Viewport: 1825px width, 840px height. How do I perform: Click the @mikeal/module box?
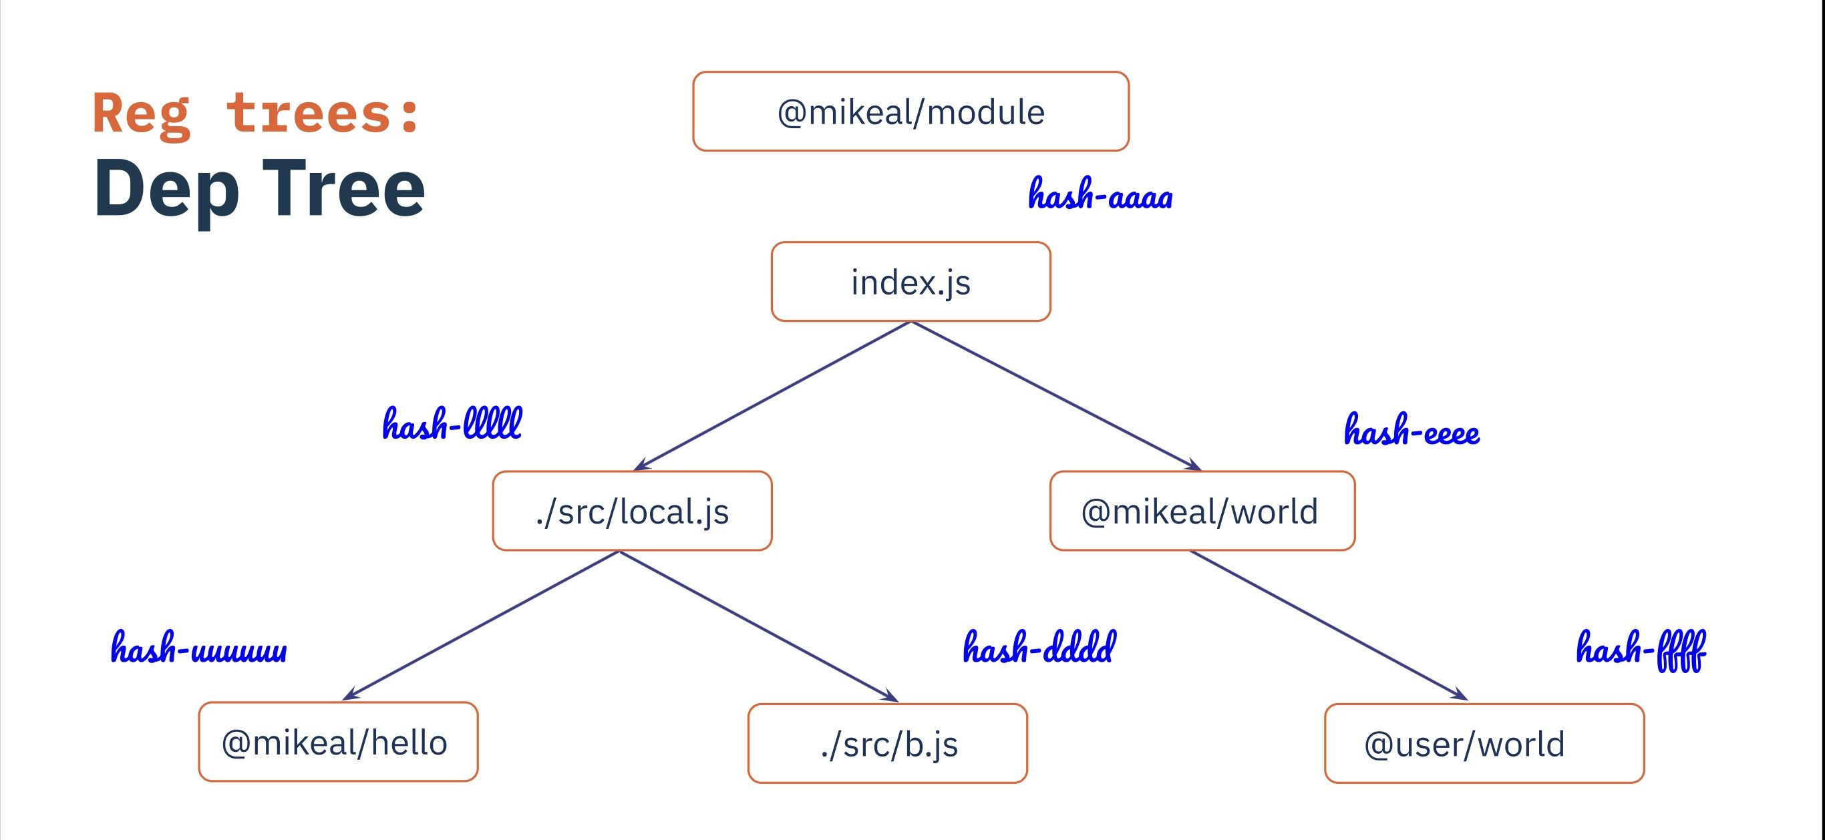[910, 112]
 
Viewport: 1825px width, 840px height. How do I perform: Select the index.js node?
[910, 281]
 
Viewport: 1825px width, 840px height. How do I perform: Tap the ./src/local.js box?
[632, 511]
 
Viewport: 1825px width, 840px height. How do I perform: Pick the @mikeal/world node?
[1202, 511]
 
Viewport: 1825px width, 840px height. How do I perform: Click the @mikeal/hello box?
[338, 742]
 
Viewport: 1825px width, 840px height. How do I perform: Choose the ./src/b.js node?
[887, 743]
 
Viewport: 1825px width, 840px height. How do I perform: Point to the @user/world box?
[1484, 743]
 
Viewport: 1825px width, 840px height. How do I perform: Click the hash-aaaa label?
[1100, 194]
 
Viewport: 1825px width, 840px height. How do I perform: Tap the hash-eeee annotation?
[1412, 429]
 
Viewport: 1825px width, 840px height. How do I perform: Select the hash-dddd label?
[1039, 646]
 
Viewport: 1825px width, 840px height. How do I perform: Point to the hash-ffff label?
[1641, 650]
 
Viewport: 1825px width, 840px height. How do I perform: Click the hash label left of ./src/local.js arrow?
[452, 423]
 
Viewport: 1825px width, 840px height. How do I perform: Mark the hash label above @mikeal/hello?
[199, 646]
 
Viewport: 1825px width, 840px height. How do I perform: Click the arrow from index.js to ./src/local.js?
[772, 395]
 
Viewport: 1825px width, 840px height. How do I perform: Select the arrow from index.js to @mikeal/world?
[1056, 395]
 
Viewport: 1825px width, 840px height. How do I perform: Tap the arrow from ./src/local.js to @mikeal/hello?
[481, 626]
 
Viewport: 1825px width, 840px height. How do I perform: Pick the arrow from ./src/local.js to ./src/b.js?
[760, 626]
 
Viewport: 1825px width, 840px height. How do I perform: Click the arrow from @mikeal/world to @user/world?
[1329, 626]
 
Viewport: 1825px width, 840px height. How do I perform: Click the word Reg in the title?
[142, 115]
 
